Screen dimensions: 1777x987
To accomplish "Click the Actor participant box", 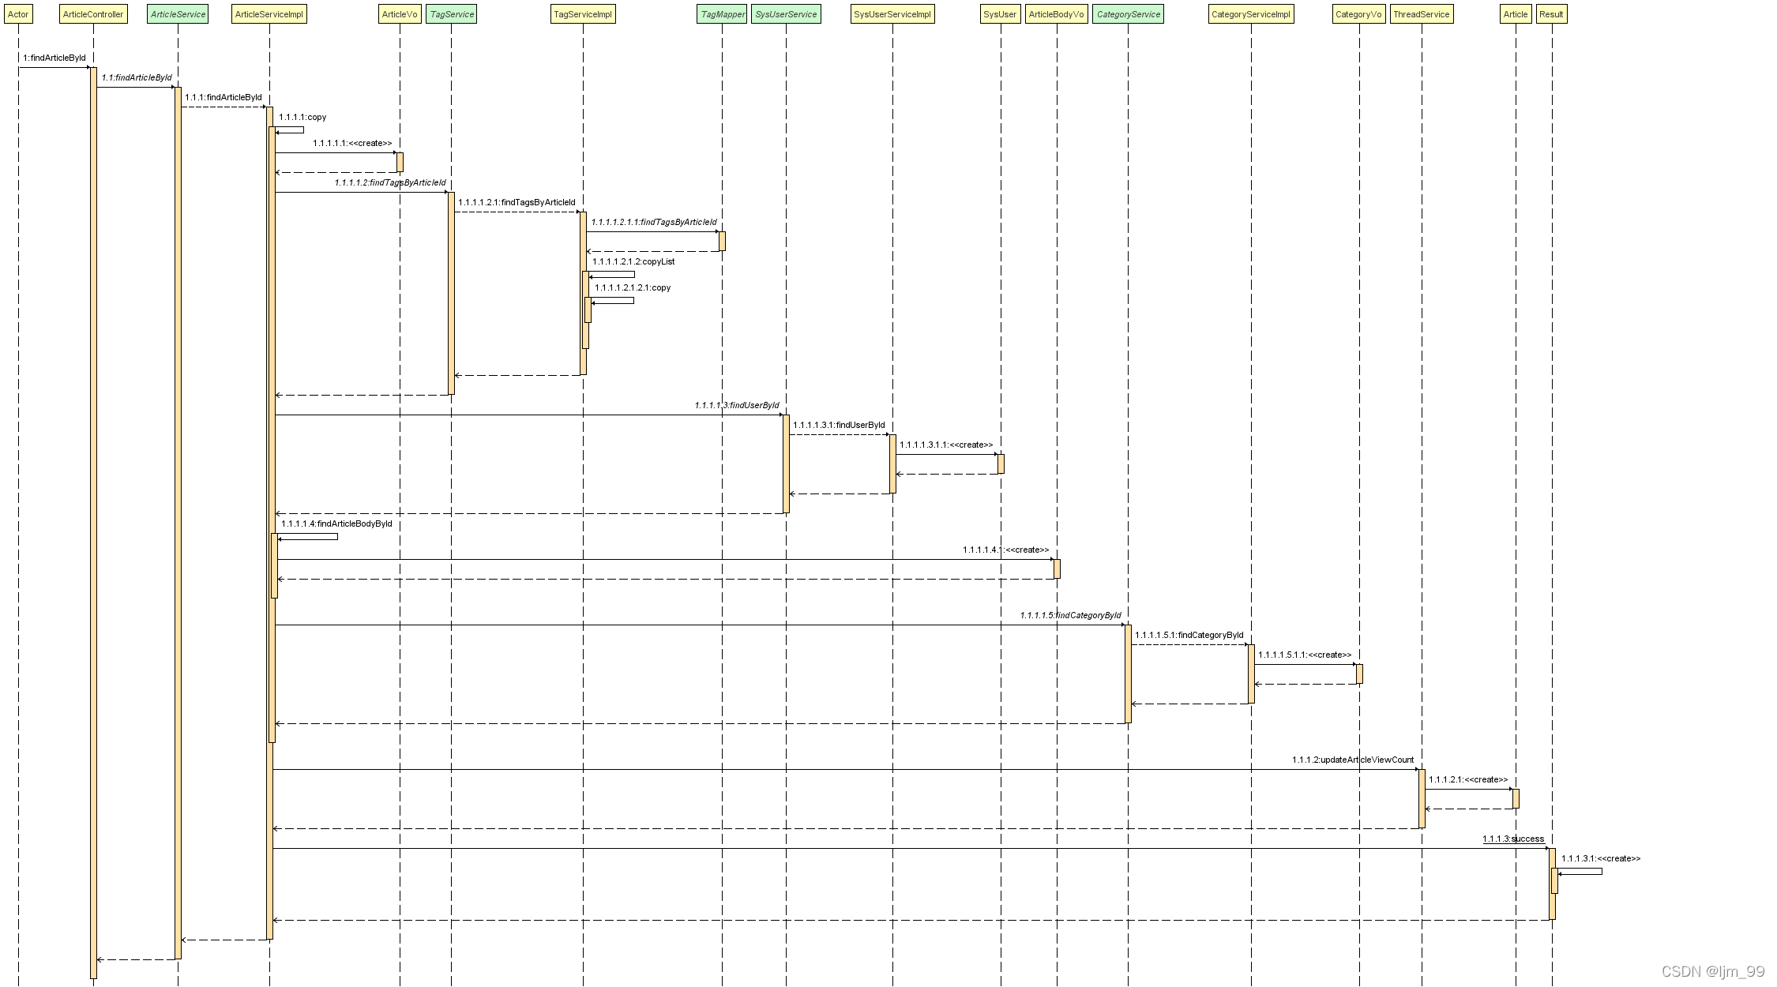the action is (x=18, y=14).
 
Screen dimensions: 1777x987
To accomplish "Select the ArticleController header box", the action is (x=93, y=14).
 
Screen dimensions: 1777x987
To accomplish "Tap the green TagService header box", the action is (x=452, y=14).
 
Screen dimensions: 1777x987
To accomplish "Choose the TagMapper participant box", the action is (x=723, y=14).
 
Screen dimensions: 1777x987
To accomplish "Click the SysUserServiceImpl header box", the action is (x=892, y=14).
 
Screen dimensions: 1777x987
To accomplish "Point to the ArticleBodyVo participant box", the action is (x=1056, y=14).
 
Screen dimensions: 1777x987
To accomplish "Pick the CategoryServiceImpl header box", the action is (x=1251, y=14).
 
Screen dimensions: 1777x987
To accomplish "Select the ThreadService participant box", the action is (x=1421, y=14).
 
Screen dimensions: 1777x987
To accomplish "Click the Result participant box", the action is (x=1551, y=14).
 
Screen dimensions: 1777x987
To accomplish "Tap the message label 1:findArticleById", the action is (x=54, y=58).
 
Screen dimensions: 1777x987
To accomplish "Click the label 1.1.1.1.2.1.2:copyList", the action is (x=633, y=261).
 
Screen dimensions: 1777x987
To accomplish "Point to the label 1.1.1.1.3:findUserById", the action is (x=737, y=405).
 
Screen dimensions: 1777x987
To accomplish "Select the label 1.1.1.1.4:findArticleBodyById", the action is (x=336, y=524).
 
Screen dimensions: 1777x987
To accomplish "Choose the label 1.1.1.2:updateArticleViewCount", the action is (x=1353, y=760).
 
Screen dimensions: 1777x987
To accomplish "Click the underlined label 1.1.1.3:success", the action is (x=1513, y=839).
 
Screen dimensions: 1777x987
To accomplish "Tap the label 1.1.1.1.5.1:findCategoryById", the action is (x=1189, y=635).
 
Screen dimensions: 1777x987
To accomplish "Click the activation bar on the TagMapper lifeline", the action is (x=722, y=241).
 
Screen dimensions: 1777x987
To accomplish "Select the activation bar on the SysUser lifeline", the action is (x=1001, y=463).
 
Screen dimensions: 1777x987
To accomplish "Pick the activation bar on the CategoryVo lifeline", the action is (x=1359, y=674).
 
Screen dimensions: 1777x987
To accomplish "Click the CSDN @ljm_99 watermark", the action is (x=1713, y=971).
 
